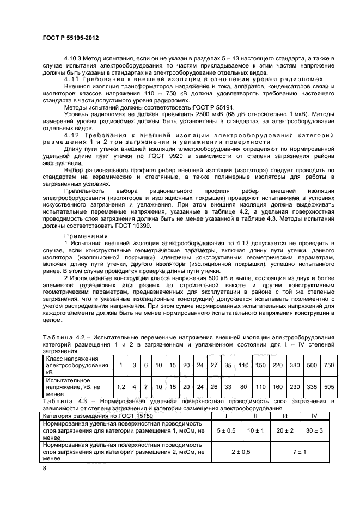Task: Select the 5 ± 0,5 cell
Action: point(225,430)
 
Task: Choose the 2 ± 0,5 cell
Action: point(240,452)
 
